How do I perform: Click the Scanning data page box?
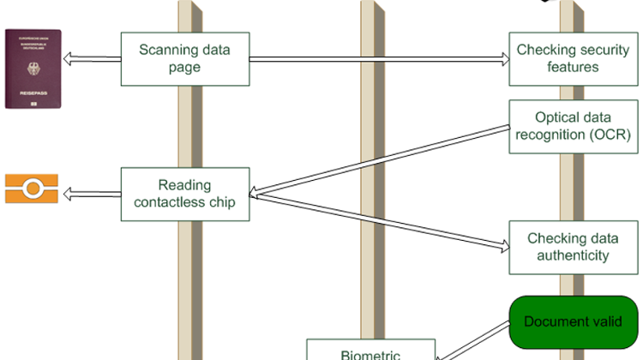coord(184,58)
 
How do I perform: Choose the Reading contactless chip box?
coord(184,194)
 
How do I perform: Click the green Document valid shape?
coord(573,321)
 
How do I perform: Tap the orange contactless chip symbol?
coord(32,188)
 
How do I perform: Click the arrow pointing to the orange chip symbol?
coord(91,194)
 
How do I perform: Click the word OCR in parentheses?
coord(613,135)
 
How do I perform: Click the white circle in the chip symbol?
coord(32,188)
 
